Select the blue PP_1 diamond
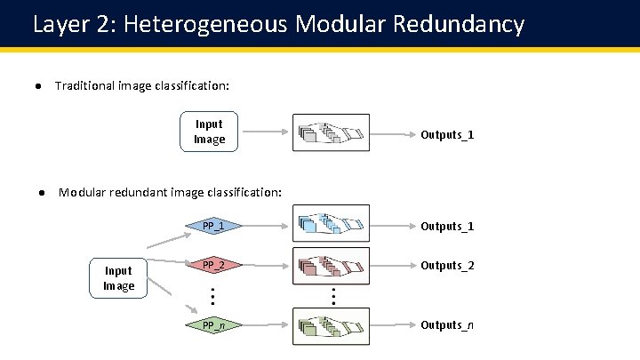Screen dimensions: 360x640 click(x=212, y=226)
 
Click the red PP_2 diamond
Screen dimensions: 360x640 click(x=212, y=265)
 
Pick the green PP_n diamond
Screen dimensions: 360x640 click(x=212, y=325)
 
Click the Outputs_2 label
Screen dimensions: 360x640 click(x=446, y=266)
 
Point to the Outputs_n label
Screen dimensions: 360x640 click(x=446, y=325)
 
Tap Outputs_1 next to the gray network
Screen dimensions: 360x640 click(x=446, y=135)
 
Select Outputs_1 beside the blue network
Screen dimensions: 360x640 click(x=446, y=227)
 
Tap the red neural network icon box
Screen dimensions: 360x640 click(x=331, y=265)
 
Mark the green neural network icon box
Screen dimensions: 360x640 click(x=331, y=325)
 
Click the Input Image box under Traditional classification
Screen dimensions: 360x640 click(x=209, y=132)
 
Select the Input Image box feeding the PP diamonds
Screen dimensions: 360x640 click(x=118, y=278)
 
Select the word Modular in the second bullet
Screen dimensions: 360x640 click(x=81, y=192)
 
